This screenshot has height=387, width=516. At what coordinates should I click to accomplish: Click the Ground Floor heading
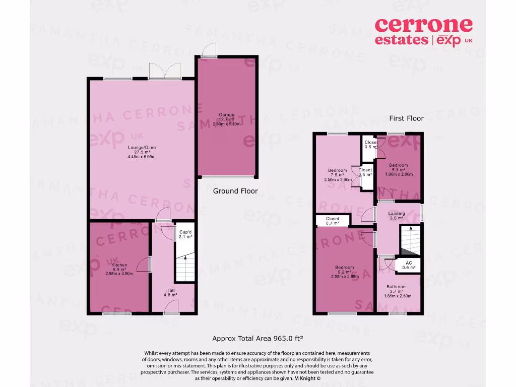point(235,191)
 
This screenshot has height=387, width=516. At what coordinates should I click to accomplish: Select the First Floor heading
point(406,118)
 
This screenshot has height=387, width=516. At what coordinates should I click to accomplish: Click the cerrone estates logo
point(424,31)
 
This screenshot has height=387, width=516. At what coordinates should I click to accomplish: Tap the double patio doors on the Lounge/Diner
point(165,71)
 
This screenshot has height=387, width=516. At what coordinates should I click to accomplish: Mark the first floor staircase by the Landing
point(410,241)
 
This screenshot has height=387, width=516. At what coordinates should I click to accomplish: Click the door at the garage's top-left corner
point(206,50)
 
